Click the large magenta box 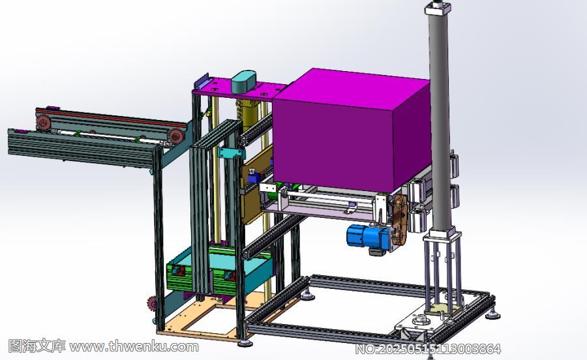[352, 129]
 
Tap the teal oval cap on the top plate [243, 82]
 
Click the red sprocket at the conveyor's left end [43, 123]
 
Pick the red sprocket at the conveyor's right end [175, 136]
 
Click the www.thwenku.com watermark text [134, 346]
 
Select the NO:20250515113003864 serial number [428, 349]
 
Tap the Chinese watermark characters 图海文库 [37, 346]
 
